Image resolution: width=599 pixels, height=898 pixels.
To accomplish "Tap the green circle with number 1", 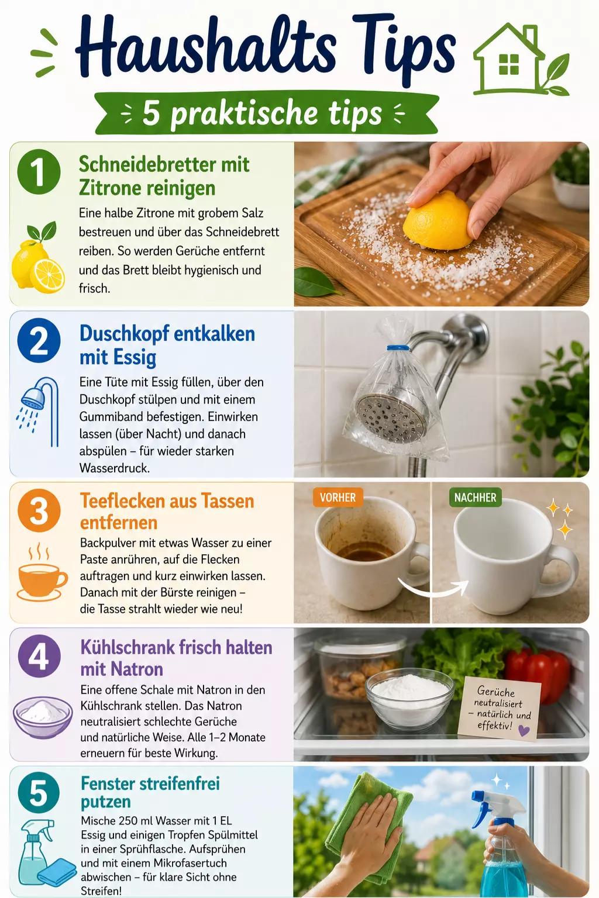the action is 39,171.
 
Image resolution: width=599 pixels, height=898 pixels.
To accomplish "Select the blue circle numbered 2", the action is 39,340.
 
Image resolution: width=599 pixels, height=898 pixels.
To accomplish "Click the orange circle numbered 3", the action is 39,510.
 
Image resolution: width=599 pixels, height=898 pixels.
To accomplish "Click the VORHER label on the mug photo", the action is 338,498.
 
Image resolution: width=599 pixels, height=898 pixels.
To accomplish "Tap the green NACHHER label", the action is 476,498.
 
